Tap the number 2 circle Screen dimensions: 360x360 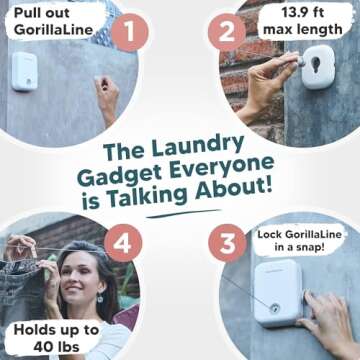(x=224, y=32)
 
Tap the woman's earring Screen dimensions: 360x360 (x=98, y=298)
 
